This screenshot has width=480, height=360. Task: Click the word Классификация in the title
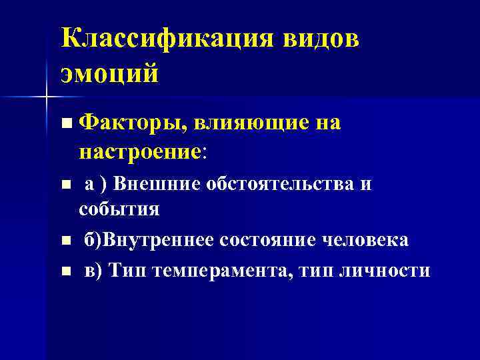[x=164, y=38]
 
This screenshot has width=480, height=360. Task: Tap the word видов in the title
[x=317, y=38]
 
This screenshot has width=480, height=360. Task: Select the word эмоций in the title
[x=110, y=73]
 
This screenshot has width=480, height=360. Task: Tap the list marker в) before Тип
[x=93, y=271]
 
